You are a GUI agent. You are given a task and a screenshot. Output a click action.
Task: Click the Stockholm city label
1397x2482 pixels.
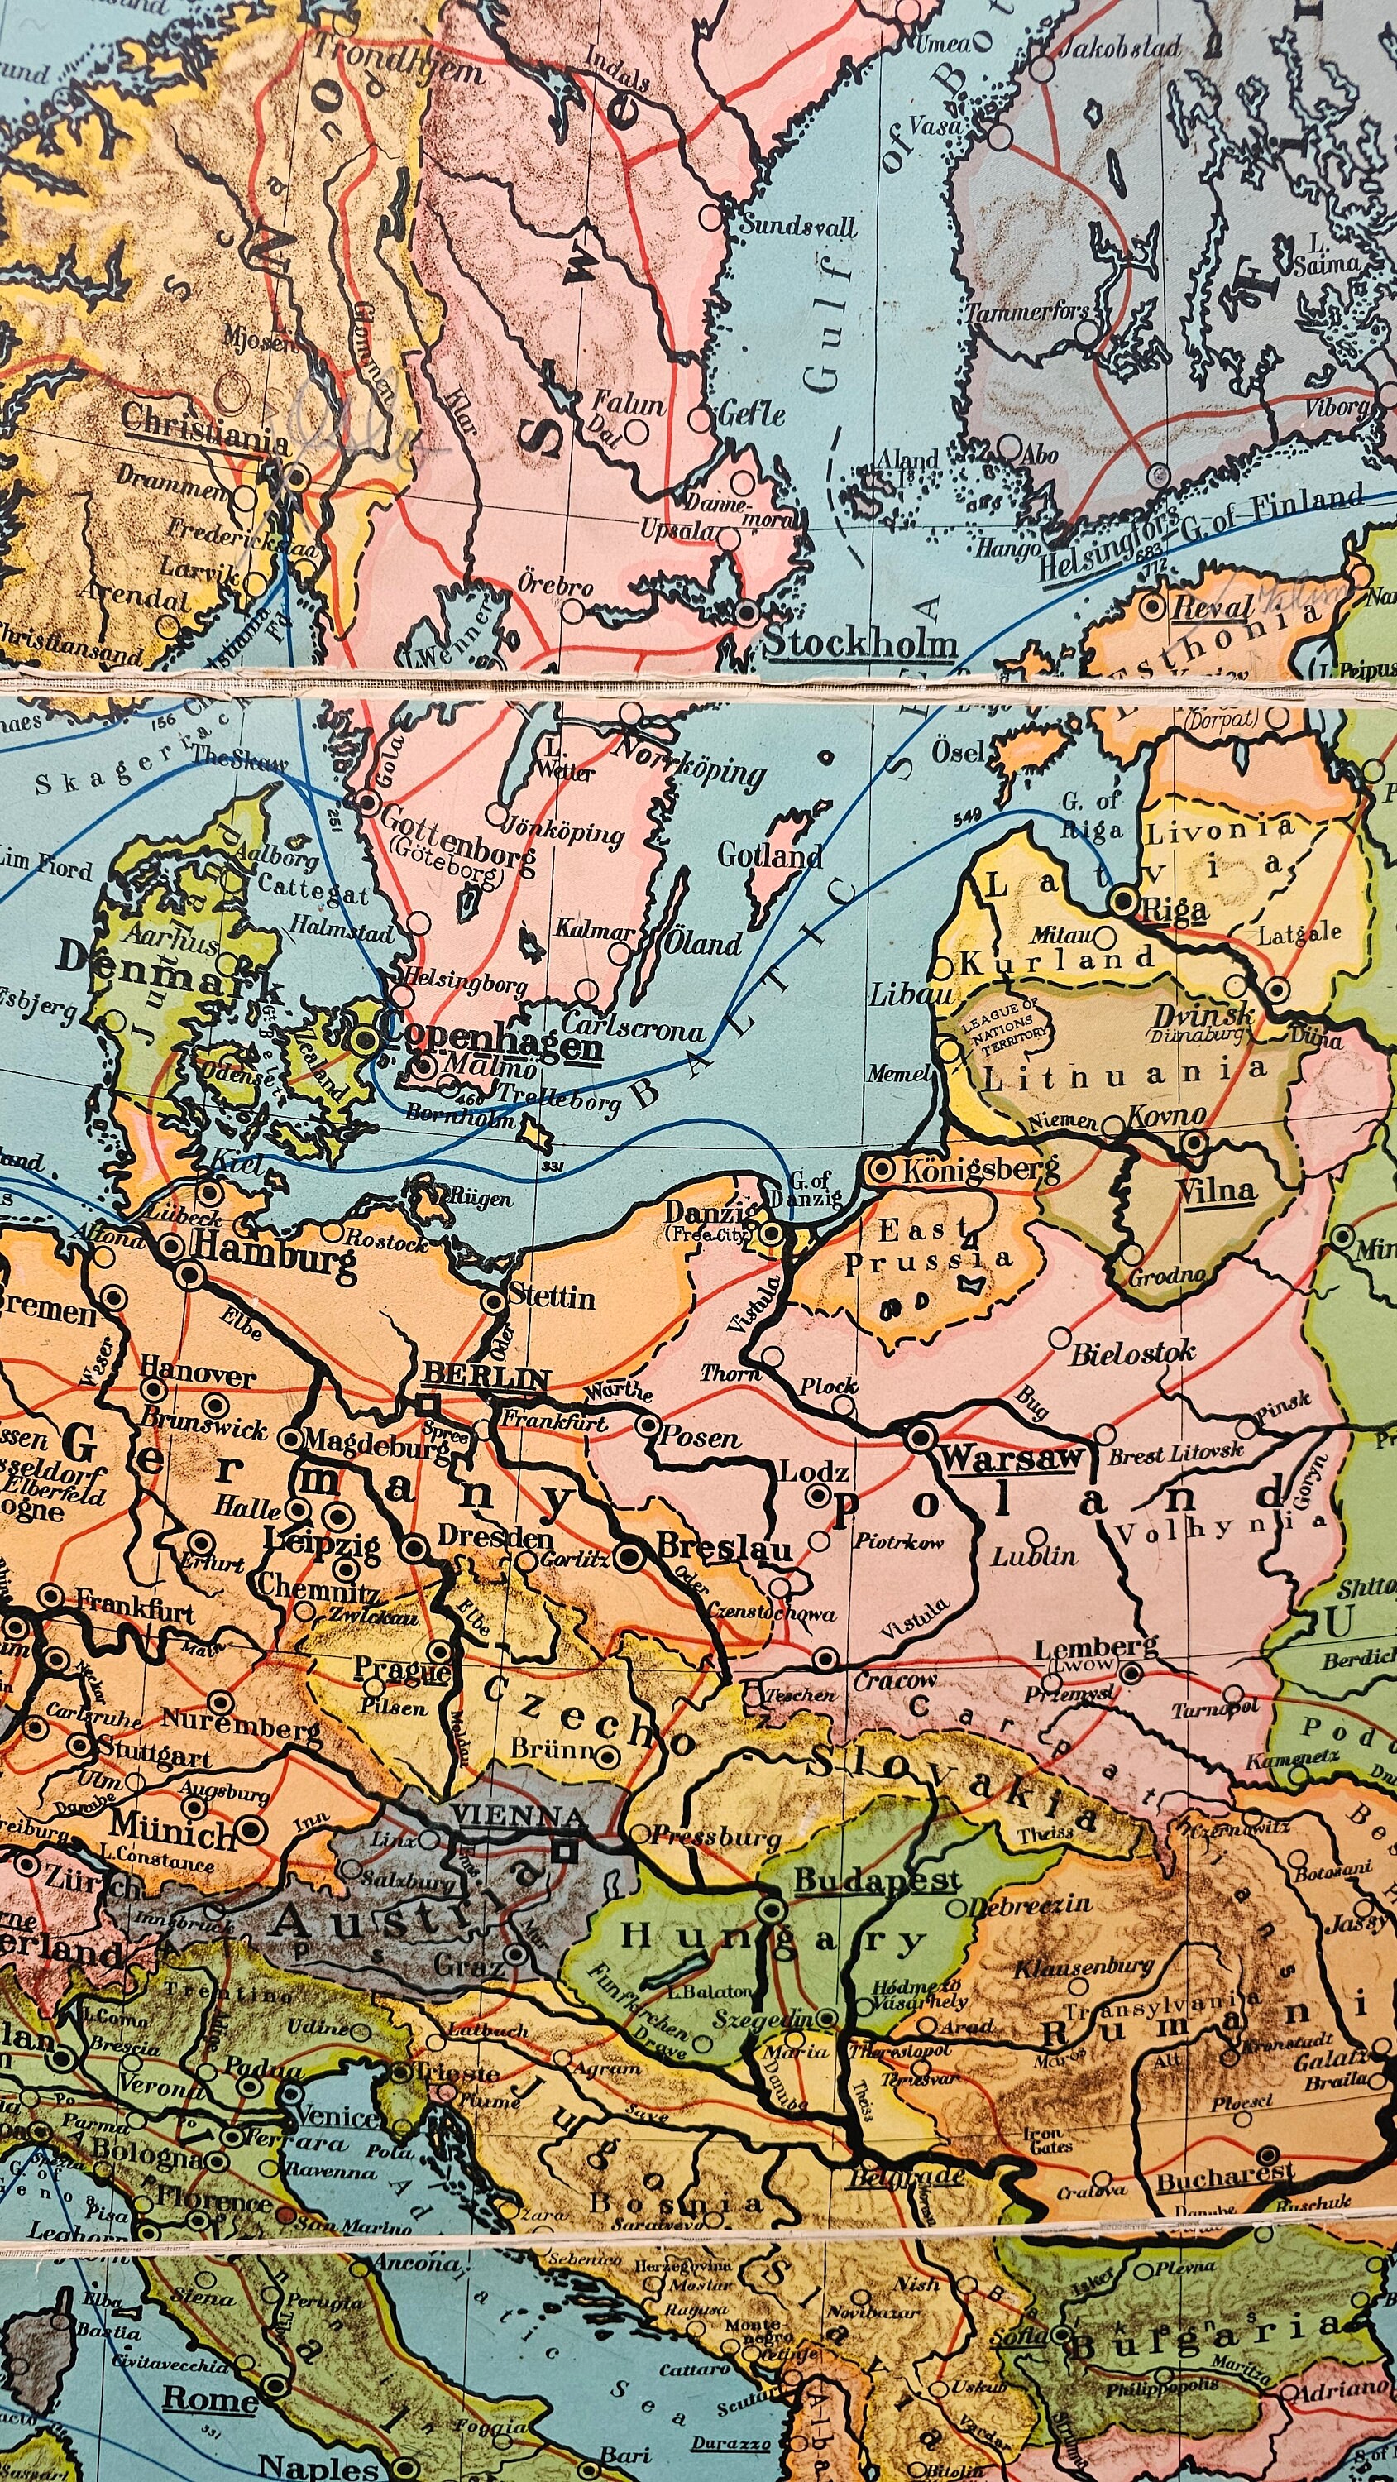(x=860, y=644)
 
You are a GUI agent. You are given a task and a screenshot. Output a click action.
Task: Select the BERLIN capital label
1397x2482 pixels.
(x=486, y=1376)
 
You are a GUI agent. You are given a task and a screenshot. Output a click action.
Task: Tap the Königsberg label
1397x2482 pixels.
(x=978, y=1171)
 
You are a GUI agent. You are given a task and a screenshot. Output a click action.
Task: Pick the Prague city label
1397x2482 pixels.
(x=402, y=1668)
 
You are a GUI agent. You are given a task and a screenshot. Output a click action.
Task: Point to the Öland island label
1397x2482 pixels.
(x=703, y=942)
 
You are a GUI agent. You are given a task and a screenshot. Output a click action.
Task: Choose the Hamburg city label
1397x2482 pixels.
(x=274, y=1246)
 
